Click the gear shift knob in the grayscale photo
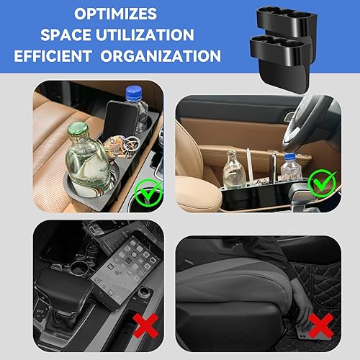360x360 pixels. point(65,284)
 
